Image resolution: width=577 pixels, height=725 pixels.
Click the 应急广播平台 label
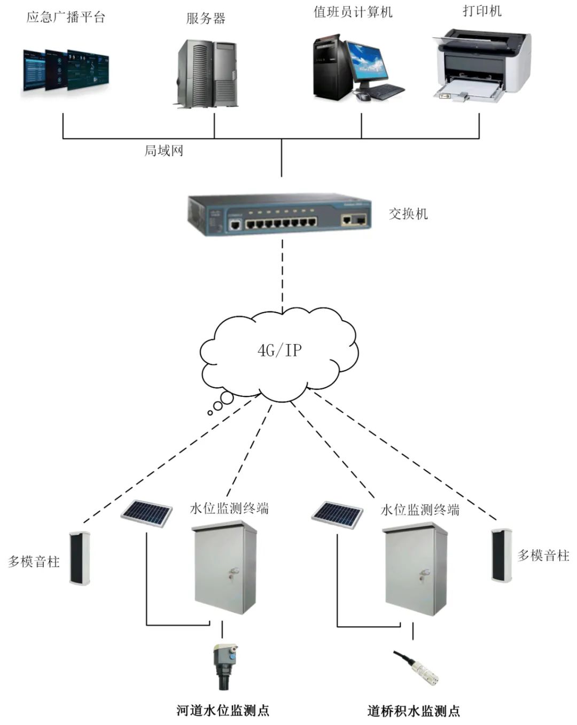(66, 17)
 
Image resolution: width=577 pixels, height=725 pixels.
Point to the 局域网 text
(163, 151)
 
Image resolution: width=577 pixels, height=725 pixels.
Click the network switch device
(279, 214)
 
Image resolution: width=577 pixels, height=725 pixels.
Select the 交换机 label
(408, 214)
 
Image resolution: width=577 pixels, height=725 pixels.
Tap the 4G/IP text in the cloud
(279, 350)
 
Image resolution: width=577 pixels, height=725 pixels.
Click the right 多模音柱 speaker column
(502, 555)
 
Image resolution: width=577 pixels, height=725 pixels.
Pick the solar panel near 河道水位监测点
(147, 513)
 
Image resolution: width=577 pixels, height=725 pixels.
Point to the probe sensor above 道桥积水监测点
(420, 667)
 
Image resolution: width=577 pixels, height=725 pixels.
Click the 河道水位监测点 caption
(223, 711)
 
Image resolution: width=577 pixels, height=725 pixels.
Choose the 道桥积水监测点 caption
(414, 711)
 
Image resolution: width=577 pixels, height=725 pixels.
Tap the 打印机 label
(482, 11)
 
